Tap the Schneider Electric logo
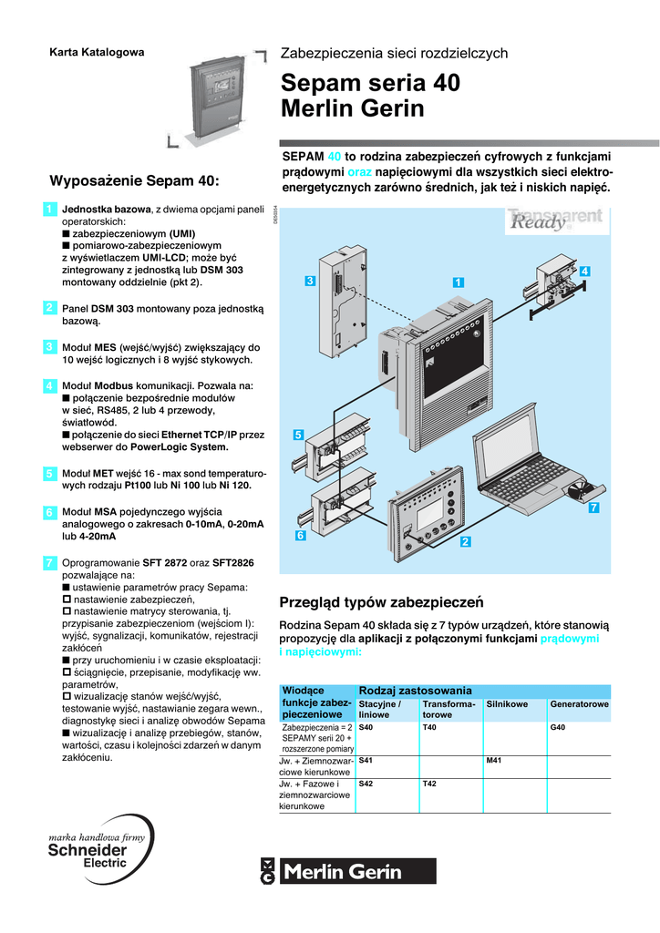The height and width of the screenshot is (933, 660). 87,850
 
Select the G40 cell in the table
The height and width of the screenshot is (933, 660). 558,728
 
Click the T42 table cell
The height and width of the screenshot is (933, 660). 430,784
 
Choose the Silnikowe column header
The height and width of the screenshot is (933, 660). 506,704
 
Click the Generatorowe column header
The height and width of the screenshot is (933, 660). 579,704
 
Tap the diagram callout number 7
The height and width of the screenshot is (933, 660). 593,508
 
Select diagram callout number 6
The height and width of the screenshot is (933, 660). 300,536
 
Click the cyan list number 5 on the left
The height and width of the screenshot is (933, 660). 48,474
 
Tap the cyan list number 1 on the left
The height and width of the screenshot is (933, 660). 48,211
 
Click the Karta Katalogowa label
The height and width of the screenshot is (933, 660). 96,52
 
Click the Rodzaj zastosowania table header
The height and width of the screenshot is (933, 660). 416,690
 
